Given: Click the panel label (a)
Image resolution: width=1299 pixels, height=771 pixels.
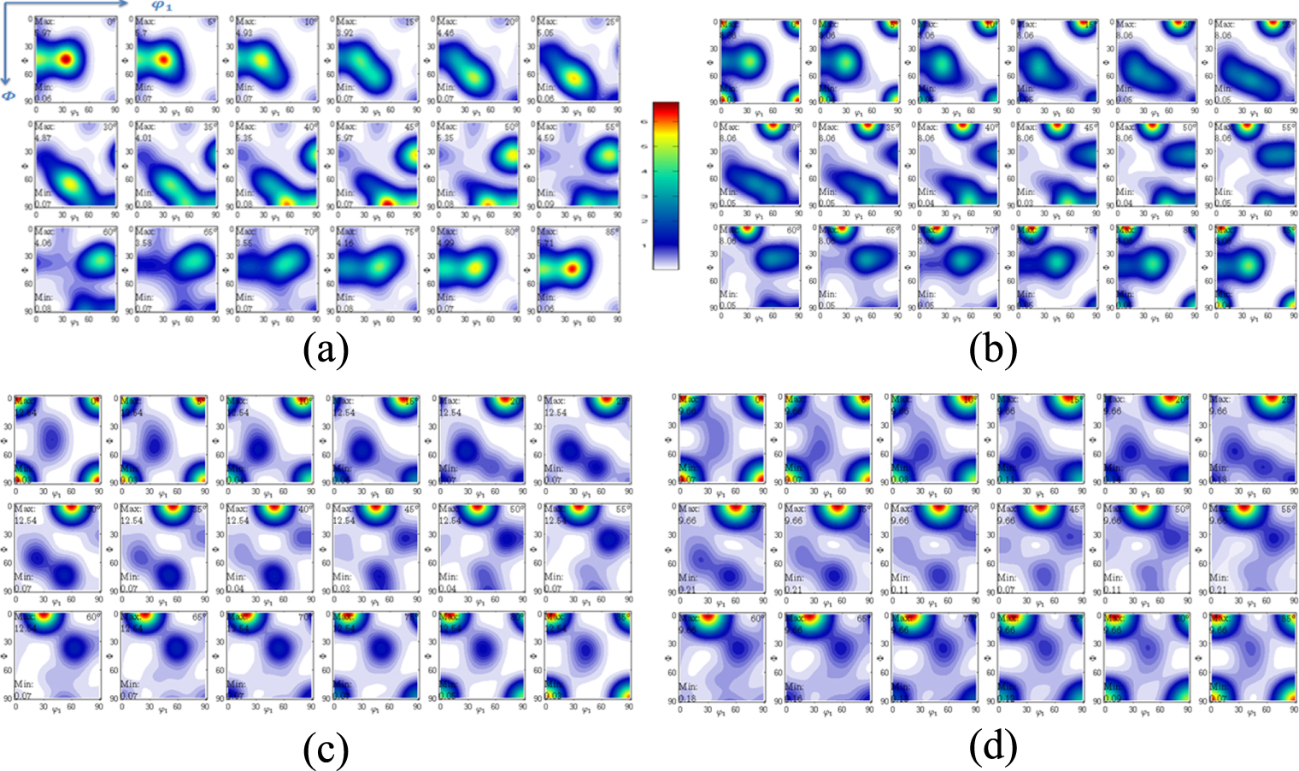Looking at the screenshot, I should pos(325,349).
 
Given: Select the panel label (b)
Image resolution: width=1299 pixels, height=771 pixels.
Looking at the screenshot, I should pos(992,349).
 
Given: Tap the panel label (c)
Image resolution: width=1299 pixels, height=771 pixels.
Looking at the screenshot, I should pos(325,750).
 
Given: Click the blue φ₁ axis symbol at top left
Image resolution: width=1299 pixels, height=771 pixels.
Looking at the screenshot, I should pos(162,6).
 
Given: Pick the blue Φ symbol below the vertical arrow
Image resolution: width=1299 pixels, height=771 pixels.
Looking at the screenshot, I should pos(8,96).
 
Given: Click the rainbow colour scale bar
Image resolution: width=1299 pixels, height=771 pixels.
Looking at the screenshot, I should pos(665,185).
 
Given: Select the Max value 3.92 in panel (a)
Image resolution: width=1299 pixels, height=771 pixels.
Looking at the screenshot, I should pos(345,33).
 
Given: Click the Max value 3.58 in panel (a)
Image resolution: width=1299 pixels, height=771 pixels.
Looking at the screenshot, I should pos(144,242).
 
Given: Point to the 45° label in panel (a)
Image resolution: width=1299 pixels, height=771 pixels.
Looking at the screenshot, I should pos(410,127).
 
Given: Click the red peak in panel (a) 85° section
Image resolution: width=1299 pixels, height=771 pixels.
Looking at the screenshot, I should pos(572,268).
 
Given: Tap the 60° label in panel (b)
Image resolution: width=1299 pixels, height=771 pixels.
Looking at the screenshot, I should pos(793,231).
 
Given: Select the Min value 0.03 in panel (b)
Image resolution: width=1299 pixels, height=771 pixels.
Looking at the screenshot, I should pos(1025,203).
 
